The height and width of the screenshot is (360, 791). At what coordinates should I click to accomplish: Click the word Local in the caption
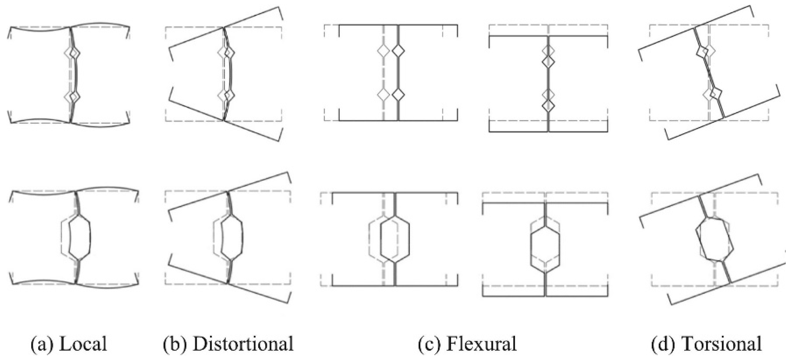click(x=83, y=344)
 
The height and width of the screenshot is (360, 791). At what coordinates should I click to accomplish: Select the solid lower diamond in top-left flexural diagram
click(x=398, y=94)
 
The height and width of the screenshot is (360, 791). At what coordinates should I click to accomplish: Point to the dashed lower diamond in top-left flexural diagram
click(x=383, y=94)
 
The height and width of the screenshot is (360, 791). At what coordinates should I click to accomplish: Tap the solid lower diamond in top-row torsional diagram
click(x=716, y=93)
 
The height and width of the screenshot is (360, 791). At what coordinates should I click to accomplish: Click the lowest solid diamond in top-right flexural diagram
click(x=548, y=106)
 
